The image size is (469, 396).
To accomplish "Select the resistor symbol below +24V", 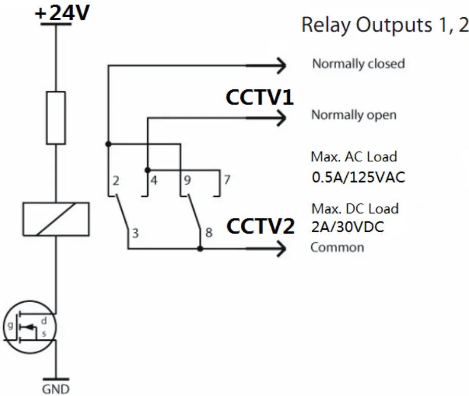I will pos(56,118).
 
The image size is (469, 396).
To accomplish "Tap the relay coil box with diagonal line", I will pos(56,219).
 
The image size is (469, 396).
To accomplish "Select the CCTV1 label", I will pos(260,98).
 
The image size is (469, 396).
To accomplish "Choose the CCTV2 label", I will pos(260,227).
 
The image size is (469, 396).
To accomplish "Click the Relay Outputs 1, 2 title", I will pos(385,25).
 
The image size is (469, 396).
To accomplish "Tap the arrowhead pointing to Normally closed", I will pos(280,65).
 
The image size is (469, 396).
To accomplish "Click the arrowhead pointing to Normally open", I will pos(280,119).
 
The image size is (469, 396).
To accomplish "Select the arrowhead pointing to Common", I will pos(280,249).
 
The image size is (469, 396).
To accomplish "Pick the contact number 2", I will pos(116,181).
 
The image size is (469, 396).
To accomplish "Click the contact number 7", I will pos(227,180).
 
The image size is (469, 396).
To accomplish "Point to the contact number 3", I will pos(135,234).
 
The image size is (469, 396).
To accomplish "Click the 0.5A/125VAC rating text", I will pos(358,178).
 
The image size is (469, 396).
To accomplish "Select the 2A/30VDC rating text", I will pos(347,228).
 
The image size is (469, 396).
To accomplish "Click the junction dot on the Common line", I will pos(200,249).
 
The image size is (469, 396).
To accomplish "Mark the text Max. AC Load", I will pos(353,157).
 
